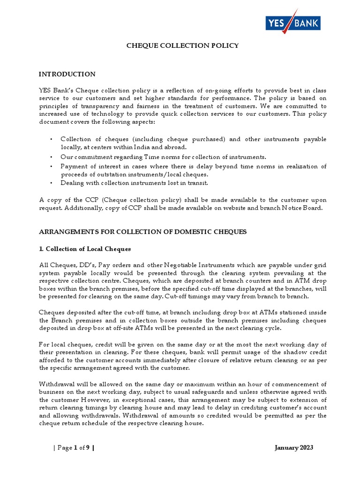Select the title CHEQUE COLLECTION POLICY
[183, 45]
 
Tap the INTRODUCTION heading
[67, 74]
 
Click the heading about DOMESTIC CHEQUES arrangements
[142, 232]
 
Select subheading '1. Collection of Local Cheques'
[85, 248]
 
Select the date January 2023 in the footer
[293, 448]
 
